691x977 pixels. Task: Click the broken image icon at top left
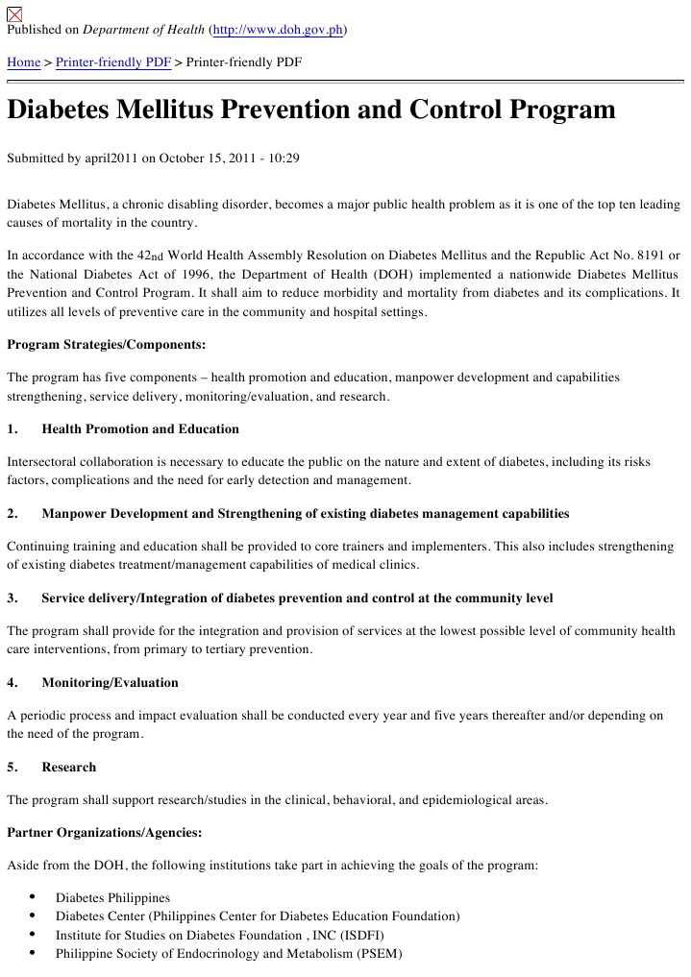click(14, 12)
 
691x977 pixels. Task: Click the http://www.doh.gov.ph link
click(278, 30)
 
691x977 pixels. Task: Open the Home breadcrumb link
click(24, 62)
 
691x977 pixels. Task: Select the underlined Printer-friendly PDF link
click(113, 62)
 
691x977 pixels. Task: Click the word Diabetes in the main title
click(57, 110)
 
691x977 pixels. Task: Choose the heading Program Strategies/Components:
click(107, 344)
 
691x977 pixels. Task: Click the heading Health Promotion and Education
click(140, 428)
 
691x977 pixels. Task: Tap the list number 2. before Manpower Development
click(12, 514)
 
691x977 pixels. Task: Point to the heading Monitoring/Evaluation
click(110, 683)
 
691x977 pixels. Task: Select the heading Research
click(69, 768)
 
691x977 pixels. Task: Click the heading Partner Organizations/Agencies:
click(105, 832)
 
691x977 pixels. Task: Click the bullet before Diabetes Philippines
click(34, 896)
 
